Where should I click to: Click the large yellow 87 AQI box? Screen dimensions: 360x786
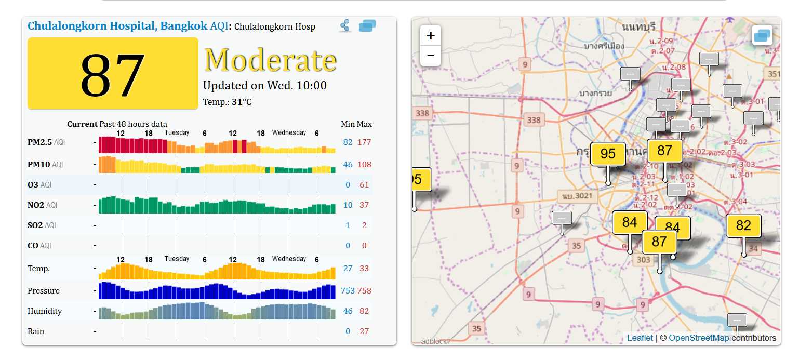click(x=113, y=74)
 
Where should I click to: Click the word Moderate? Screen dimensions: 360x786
click(x=270, y=60)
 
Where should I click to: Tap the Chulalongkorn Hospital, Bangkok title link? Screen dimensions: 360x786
click(x=117, y=26)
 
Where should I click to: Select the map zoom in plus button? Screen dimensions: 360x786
click(x=431, y=36)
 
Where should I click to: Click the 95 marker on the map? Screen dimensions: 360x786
click(x=608, y=154)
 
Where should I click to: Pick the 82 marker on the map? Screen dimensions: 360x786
click(x=743, y=225)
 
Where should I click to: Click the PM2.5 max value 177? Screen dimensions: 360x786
click(x=364, y=142)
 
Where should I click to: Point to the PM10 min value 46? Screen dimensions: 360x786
click(x=348, y=165)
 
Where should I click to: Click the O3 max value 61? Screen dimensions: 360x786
click(x=364, y=185)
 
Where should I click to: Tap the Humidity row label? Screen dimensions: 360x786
click(x=45, y=311)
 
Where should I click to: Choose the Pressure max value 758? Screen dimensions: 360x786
click(x=364, y=291)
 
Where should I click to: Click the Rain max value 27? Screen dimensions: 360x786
click(x=364, y=331)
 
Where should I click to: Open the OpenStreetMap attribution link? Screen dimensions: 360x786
click(x=699, y=338)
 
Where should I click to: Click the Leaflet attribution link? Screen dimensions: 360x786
click(x=640, y=338)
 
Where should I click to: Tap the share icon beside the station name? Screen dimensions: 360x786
click(x=345, y=25)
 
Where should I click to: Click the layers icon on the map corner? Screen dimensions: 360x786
click(x=762, y=35)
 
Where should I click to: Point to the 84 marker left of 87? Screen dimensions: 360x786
click(x=630, y=222)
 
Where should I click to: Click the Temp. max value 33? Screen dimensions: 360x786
click(x=364, y=269)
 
